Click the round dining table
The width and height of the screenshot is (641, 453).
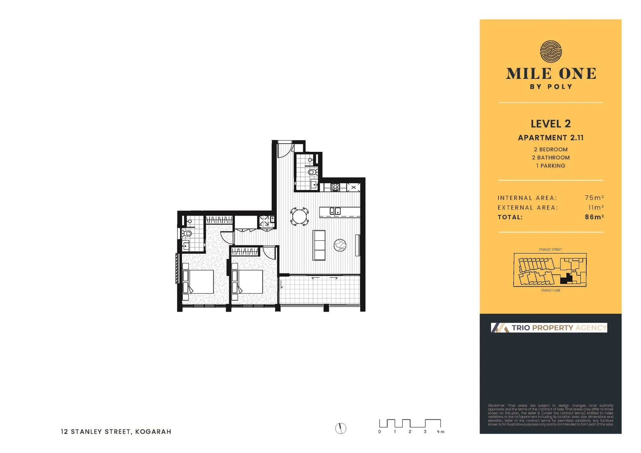[300, 216]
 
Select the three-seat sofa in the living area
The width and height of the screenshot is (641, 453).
[319, 245]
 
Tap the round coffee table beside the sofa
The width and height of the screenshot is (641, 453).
[340, 245]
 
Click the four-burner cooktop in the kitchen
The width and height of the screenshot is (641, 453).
[335, 187]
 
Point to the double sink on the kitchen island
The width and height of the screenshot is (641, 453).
[335, 211]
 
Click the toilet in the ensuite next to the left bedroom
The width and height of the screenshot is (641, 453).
[187, 233]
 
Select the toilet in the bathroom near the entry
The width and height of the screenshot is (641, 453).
[312, 172]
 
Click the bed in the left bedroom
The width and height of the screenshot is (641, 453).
[200, 281]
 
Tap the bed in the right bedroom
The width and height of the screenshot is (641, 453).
[249, 281]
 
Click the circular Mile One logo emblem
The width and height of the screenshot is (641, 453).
[550, 52]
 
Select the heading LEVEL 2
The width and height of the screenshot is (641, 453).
[550, 124]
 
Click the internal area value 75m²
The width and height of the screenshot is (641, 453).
[594, 198]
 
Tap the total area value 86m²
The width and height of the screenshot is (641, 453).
[594, 217]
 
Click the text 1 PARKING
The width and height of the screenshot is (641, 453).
[550, 166]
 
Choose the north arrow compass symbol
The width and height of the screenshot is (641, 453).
[341, 428]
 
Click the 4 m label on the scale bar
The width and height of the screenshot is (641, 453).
[440, 432]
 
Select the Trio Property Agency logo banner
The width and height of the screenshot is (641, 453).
[549, 328]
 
